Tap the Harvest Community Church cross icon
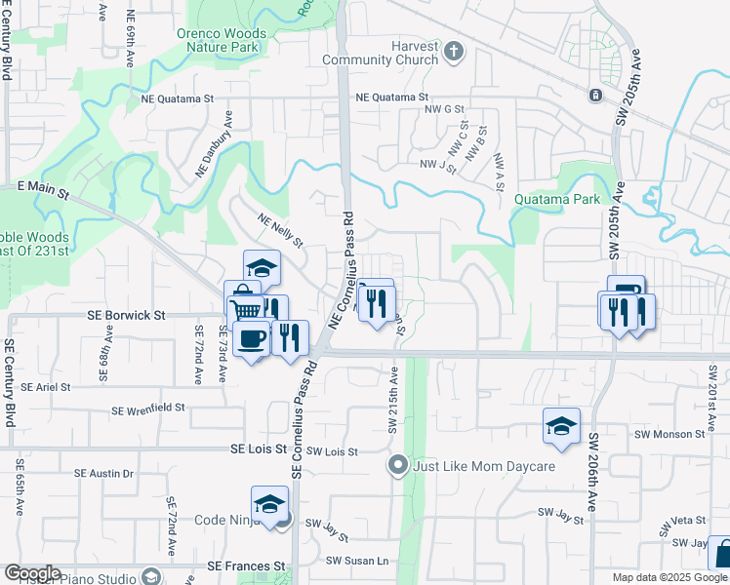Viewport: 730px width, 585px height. click(x=454, y=52)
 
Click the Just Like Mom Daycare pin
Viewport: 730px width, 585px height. click(x=397, y=466)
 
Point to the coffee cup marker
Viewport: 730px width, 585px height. click(x=252, y=338)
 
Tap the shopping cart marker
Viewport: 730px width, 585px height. click(x=245, y=308)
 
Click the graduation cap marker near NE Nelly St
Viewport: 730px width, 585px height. click(x=262, y=268)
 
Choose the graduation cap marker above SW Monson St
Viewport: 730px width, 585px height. click(x=562, y=426)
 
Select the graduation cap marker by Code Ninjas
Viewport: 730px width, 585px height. click(x=269, y=504)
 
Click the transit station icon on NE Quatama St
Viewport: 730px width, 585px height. click(x=594, y=96)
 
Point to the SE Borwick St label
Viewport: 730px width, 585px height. click(x=125, y=316)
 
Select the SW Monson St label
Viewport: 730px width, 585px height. click(x=669, y=434)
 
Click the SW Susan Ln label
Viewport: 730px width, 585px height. click(x=356, y=561)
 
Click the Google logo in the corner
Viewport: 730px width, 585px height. click(x=31, y=573)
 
